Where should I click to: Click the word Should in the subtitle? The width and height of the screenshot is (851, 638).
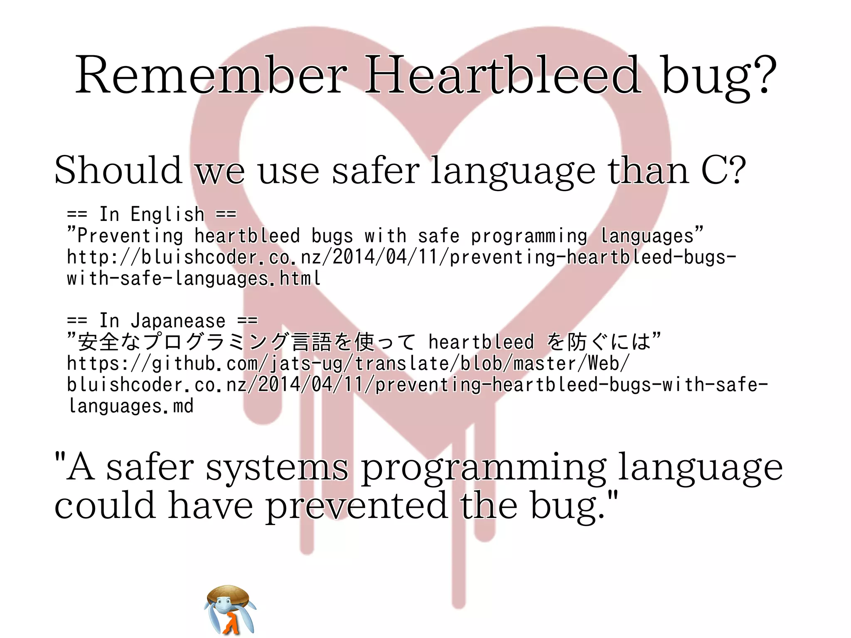[118, 170]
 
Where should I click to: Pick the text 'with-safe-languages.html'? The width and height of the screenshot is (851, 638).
[194, 278]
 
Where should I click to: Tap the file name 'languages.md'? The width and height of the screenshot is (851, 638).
[131, 406]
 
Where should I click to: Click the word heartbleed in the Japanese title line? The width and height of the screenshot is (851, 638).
[481, 342]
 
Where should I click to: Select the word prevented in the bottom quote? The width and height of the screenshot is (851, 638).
[357, 506]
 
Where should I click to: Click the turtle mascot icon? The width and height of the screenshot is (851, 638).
[229, 610]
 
